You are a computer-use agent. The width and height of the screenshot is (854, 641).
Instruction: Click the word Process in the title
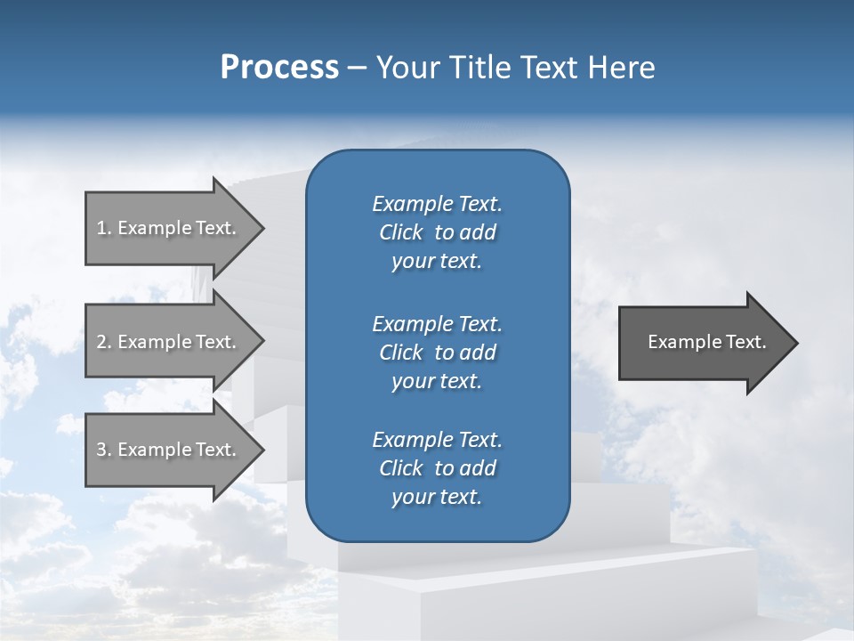(279, 68)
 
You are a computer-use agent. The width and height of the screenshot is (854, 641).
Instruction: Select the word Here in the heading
(622, 68)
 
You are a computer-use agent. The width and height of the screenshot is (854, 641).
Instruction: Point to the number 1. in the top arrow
(103, 228)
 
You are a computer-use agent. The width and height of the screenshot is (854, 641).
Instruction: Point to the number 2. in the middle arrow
(103, 342)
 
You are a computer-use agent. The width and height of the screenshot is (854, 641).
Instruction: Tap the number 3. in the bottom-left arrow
(103, 450)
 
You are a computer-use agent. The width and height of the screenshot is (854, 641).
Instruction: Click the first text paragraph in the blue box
(437, 232)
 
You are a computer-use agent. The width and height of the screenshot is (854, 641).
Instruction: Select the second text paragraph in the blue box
(437, 353)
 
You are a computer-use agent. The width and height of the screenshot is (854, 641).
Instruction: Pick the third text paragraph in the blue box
(437, 468)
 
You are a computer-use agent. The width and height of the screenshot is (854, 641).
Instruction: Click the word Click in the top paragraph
(400, 232)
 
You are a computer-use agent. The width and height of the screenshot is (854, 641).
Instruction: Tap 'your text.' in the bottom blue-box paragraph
(437, 497)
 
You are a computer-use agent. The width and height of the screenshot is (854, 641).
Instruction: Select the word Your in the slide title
(404, 68)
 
